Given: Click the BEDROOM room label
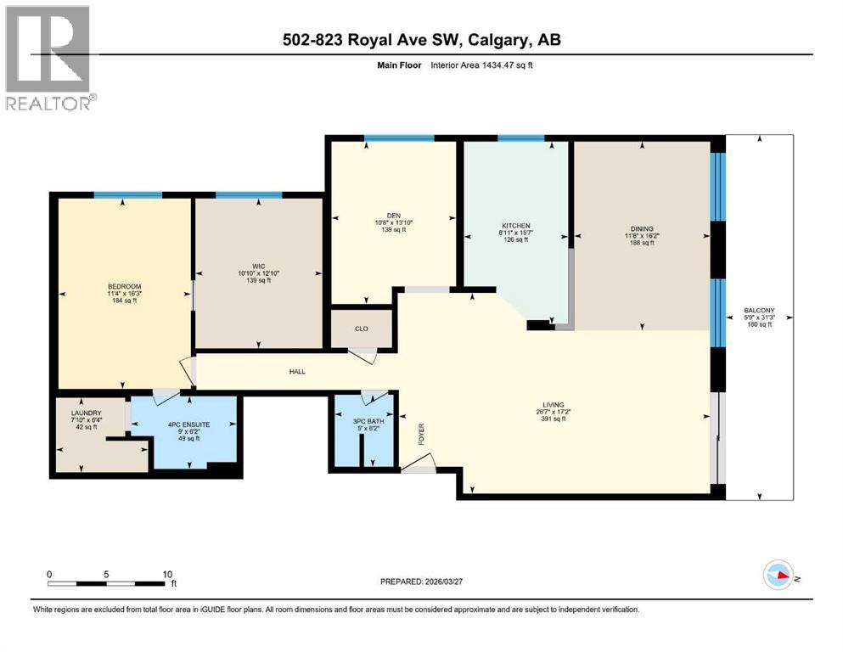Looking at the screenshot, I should coord(124,286).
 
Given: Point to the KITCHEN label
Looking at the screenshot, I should coord(514,226).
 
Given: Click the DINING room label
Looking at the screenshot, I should coord(642,229).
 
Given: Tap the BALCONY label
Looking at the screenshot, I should coord(758,311).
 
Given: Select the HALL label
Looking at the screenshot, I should coord(296,371).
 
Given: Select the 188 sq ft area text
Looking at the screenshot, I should coord(642,244).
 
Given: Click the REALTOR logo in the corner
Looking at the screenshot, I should coord(49,57).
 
